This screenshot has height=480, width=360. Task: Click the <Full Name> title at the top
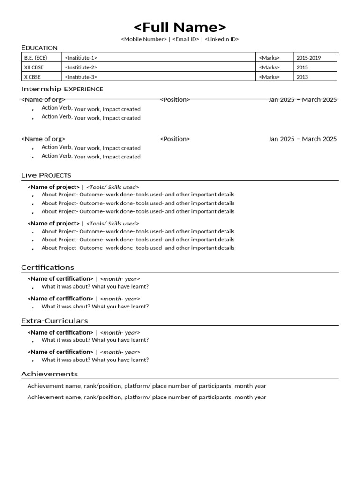pos(180,27)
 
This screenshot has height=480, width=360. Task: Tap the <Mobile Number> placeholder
pos(143,39)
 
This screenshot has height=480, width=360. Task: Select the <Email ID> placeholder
pos(186,39)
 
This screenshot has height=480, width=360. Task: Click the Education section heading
pos(39,48)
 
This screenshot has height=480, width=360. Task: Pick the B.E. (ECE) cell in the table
pos(36,58)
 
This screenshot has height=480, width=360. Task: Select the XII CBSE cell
pos(34,67)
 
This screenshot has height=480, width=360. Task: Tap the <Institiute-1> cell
pos(81,58)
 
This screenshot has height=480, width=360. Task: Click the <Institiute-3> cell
pos(81,77)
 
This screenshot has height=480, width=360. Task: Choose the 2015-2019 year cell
pos(308,58)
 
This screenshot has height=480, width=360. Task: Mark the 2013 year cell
pos(302,77)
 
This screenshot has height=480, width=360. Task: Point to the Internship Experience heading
pos(62,89)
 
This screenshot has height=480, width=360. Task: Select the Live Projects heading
pos(46,175)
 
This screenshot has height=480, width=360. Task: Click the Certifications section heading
pos(47,267)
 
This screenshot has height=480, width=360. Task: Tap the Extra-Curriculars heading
pos(54,321)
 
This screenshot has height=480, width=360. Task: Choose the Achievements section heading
pos(49,374)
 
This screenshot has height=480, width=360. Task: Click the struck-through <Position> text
pos(175,99)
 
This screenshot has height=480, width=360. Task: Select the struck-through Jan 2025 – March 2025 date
pos(302,99)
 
